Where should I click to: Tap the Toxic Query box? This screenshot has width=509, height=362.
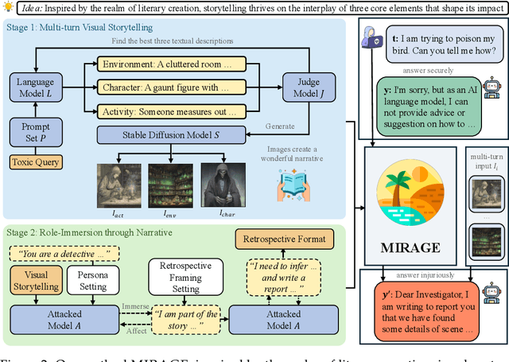pos(34,163)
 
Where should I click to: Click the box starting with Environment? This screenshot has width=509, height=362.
pos(165,64)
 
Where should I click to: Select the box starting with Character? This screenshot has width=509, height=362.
pos(165,88)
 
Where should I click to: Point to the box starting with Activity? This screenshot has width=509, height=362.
pos(165,112)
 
